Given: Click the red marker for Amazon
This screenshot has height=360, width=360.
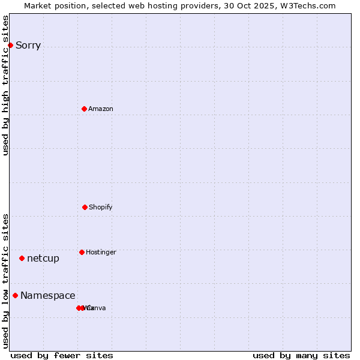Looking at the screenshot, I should point(85,109).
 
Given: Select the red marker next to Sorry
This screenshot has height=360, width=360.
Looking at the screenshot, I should point(10,45).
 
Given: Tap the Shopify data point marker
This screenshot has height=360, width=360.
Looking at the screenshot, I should point(85,207).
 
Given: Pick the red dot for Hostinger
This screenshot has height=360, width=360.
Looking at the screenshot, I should point(82,252).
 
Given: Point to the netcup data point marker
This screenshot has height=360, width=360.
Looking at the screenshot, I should point(22,258).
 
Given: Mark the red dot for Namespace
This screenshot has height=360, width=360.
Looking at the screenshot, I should point(15,295).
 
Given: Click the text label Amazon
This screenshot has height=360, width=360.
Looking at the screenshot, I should point(101,109).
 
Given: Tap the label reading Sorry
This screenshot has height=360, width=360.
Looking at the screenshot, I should point(28,46).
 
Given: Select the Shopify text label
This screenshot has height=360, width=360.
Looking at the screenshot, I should point(101,208).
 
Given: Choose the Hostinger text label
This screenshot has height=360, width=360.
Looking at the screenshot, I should point(101,253).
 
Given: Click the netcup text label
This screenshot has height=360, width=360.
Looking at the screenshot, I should point(43,259).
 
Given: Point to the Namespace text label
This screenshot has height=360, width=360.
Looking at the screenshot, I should point(48,296).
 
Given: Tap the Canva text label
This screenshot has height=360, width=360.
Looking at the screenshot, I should point(97,308).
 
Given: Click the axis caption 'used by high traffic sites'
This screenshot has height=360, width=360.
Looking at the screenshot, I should point(6,86).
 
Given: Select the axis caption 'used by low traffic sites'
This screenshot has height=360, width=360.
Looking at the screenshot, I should point(6,281).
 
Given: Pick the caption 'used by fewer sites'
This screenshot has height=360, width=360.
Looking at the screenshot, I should point(62,355).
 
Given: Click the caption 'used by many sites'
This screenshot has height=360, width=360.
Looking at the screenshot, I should point(301,355).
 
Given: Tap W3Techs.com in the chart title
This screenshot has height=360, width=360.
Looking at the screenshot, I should point(308,5).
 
